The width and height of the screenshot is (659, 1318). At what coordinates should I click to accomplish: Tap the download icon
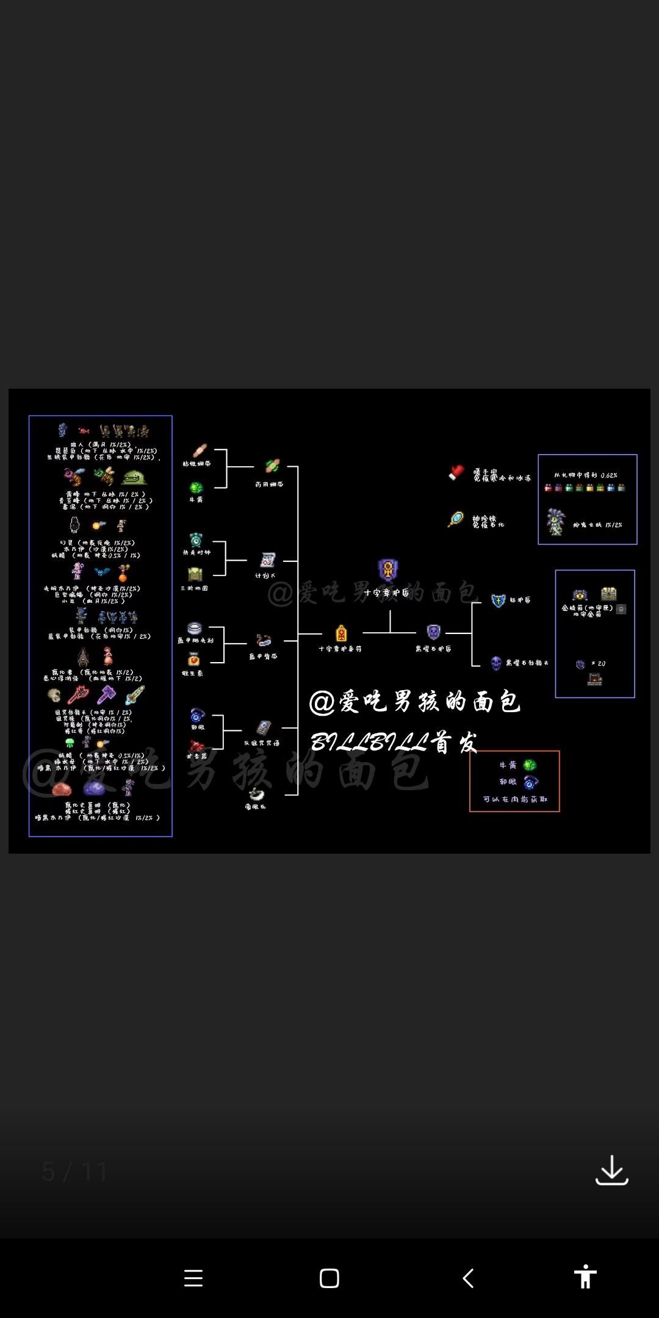click(x=611, y=1170)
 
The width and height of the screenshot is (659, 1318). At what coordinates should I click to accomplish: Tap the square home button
click(x=329, y=1278)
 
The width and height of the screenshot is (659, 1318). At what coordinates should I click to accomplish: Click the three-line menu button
click(x=193, y=1278)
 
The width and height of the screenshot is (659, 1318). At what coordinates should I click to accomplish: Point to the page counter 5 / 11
click(x=74, y=1172)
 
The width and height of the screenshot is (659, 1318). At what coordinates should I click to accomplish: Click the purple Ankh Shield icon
click(x=388, y=570)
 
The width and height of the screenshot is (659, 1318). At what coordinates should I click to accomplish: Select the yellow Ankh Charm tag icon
click(x=341, y=633)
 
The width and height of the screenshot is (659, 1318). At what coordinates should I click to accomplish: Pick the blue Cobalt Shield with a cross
click(x=498, y=600)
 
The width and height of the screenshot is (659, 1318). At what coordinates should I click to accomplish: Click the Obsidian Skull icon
click(x=496, y=663)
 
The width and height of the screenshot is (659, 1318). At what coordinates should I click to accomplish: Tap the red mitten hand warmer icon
click(x=456, y=472)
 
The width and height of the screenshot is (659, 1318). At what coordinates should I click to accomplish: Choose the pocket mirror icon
click(x=456, y=519)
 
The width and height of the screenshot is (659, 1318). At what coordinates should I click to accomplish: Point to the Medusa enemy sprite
click(x=556, y=522)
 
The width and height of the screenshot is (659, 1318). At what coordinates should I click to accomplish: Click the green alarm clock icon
click(x=196, y=540)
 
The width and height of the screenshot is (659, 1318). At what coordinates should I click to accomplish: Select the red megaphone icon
click(x=196, y=746)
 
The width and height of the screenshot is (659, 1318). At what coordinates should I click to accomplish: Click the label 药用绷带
click(x=269, y=484)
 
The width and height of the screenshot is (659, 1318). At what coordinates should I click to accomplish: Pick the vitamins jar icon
click(x=194, y=660)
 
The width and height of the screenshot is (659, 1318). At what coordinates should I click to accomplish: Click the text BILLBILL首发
click(x=394, y=743)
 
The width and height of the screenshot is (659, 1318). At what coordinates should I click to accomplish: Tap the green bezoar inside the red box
click(x=530, y=765)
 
